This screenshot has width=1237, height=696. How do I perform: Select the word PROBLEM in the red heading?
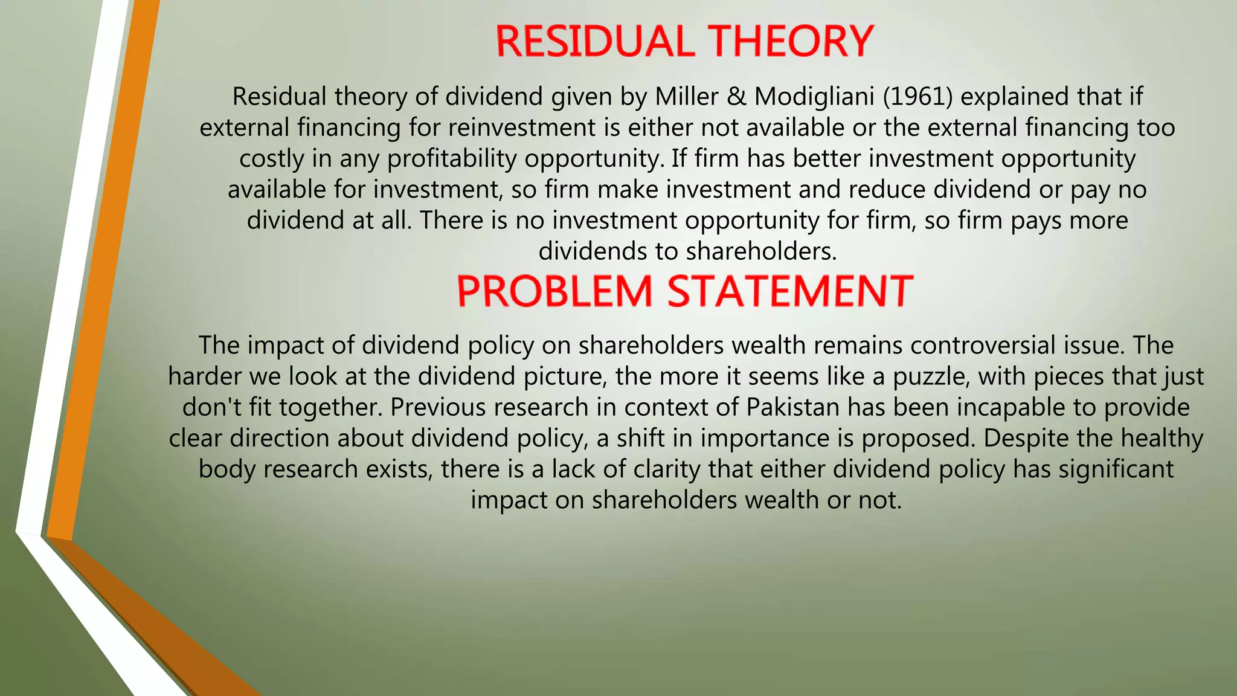pos(554,291)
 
